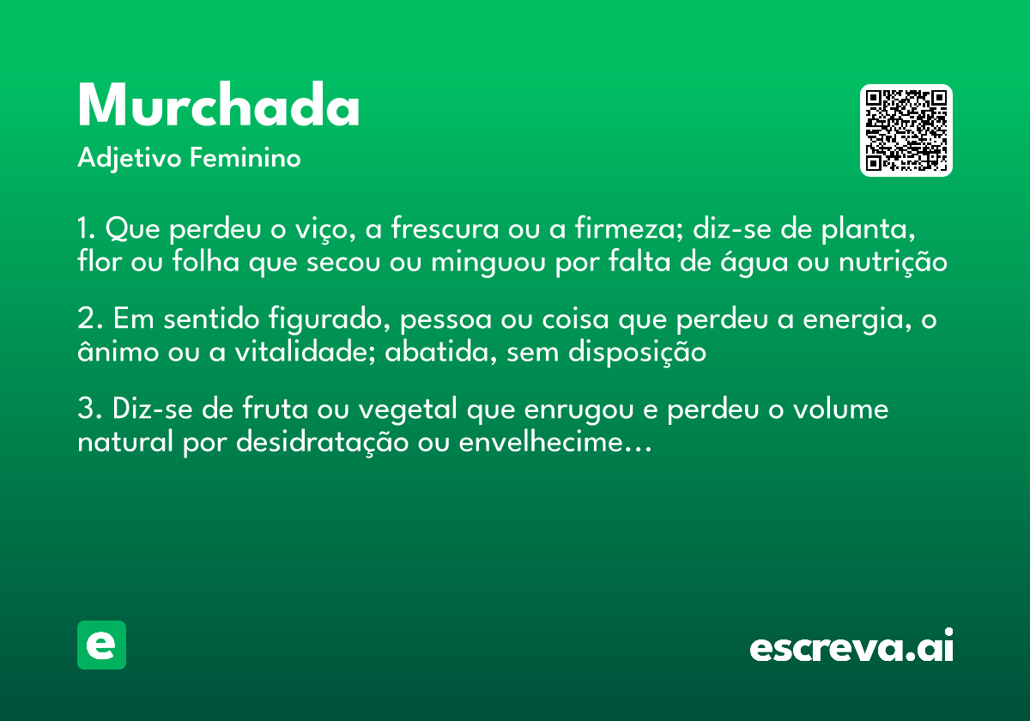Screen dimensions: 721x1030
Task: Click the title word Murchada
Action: [218, 107]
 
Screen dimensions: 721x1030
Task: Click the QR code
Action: [906, 130]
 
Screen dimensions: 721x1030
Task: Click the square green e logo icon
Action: [101, 645]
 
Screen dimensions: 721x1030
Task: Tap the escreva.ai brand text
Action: [851, 646]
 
